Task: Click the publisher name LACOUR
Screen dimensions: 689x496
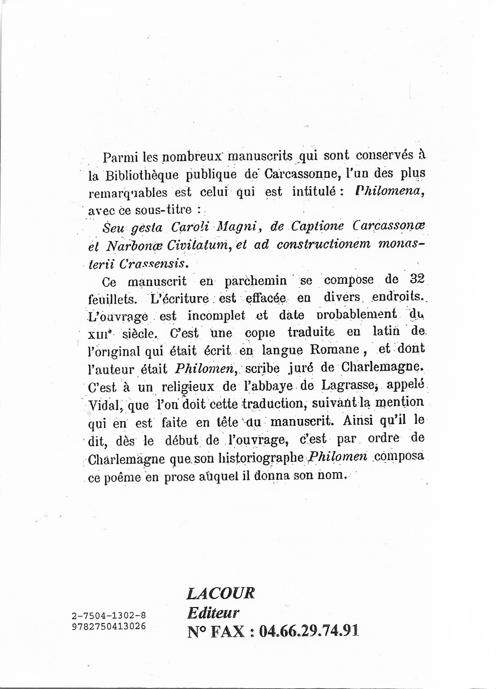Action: coord(221,593)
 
